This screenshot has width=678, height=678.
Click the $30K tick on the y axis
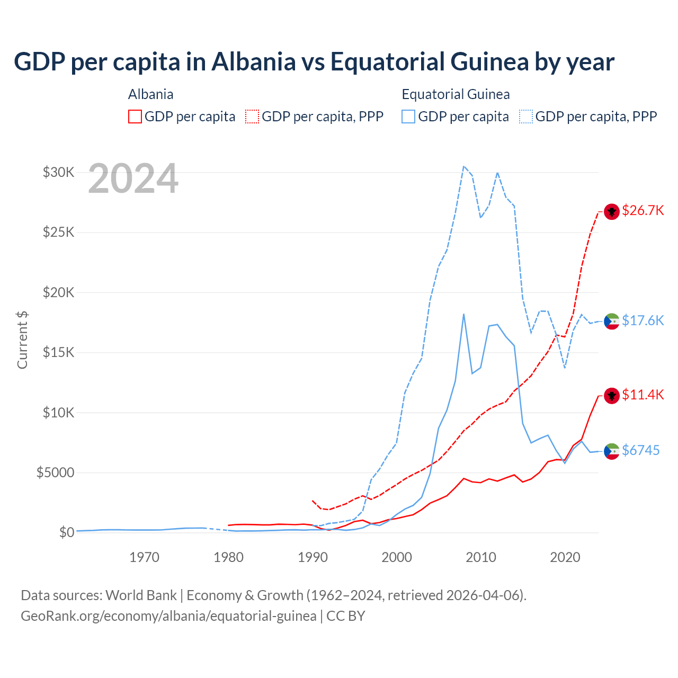[x=58, y=172]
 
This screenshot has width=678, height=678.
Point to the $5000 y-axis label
[x=55, y=472]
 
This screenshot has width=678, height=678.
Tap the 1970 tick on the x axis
[x=144, y=557]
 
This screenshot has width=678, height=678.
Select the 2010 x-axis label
[x=481, y=557]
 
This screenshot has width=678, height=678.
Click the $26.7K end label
[x=643, y=211]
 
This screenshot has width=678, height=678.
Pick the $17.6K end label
[x=643, y=320]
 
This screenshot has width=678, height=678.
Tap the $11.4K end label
[x=643, y=395]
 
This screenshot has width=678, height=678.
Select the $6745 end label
[x=640, y=450]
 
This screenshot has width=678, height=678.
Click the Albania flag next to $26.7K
[x=612, y=211]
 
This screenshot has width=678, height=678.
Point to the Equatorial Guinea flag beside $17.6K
[x=612, y=321]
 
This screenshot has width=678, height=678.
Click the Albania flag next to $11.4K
[x=612, y=396]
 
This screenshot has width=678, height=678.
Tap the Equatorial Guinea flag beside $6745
[x=612, y=451]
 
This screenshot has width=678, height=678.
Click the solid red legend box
[x=135, y=117]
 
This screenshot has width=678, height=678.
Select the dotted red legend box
[x=252, y=117]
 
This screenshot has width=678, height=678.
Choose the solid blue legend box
[x=408, y=117]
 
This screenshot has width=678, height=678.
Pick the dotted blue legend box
[x=526, y=117]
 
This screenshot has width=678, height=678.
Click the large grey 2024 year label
[x=133, y=179]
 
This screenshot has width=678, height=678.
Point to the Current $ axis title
[x=22, y=340]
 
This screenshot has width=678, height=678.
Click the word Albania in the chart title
[x=253, y=62]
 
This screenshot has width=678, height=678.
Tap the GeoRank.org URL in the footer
[x=168, y=616]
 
